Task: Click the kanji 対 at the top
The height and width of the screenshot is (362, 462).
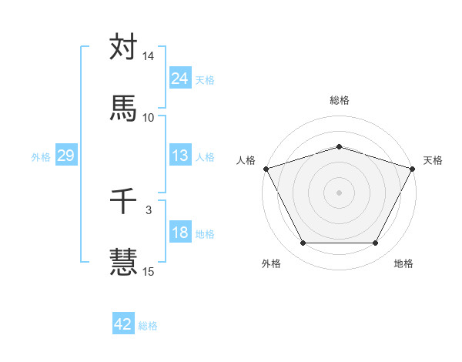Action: point(123,48)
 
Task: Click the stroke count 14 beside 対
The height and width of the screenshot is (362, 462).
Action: point(149,57)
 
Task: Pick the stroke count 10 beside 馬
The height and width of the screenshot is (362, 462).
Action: point(149,117)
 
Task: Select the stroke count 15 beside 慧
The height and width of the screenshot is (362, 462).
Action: point(149,270)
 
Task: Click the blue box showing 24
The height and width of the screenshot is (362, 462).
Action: point(179,78)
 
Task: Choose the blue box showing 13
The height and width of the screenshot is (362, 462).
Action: point(179,156)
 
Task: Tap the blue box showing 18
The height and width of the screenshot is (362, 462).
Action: point(179,233)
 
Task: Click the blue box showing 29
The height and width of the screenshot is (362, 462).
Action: point(65,156)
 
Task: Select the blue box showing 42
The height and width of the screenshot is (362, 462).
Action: point(122,324)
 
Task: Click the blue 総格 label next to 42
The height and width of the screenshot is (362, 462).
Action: point(148,326)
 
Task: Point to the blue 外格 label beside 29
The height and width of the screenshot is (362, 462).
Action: point(41,157)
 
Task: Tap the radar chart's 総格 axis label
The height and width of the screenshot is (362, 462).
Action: point(340,100)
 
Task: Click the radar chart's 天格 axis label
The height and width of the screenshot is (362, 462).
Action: point(433,160)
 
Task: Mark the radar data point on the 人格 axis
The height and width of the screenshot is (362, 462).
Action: point(266,168)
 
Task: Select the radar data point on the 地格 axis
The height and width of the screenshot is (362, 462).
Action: point(375,243)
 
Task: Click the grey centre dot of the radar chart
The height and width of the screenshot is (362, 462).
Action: point(339,192)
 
